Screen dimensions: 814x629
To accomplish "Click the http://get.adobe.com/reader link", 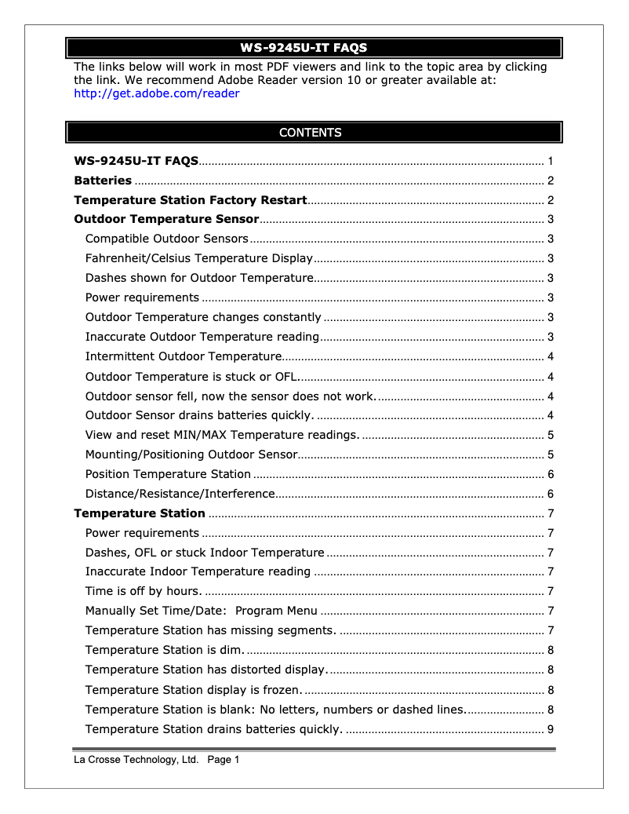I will pyautogui.click(x=156, y=93).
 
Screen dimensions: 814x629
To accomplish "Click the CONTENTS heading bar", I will pyautogui.click(x=313, y=133).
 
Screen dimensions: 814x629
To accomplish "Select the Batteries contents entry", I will pyautogui.click(x=103, y=181).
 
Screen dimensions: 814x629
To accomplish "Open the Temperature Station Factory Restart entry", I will pyautogui.click(x=190, y=200).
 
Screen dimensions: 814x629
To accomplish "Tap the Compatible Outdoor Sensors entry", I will pyautogui.click(x=166, y=239).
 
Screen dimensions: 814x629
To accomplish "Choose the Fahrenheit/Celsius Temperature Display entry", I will pyautogui.click(x=198, y=258).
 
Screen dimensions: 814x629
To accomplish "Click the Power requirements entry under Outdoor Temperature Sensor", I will pyautogui.click(x=142, y=297).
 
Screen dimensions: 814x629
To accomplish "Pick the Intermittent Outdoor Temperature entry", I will pyautogui.click(x=184, y=356).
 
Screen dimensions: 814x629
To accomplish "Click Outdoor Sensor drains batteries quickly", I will pyautogui.click(x=199, y=415).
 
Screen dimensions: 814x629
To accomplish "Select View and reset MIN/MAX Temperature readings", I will pyautogui.click(x=222, y=435).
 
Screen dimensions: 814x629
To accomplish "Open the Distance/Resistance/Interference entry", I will pyautogui.click(x=180, y=494).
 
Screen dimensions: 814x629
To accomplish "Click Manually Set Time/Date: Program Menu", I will pyautogui.click(x=201, y=611).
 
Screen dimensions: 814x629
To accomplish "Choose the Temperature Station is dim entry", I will pyautogui.click(x=165, y=650).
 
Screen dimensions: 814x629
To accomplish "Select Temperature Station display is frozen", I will pyautogui.click(x=193, y=690).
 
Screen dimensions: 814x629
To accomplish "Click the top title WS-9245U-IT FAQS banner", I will pyautogui.click(x=313, y=48).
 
